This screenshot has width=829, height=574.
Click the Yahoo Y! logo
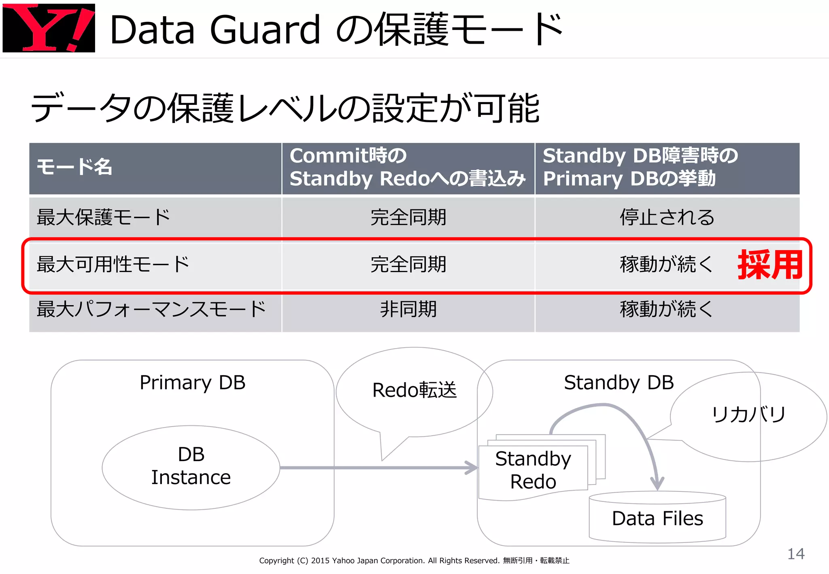49,28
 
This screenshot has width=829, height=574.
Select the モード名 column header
74,167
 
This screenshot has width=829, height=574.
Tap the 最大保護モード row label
104,217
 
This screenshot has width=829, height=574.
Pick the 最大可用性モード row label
113,264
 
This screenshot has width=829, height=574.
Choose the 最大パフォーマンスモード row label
151,309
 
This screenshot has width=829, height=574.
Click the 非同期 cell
408,309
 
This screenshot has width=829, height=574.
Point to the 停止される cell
667,217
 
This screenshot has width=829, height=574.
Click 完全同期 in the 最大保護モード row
408,217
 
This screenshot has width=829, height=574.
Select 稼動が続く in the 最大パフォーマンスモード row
666,309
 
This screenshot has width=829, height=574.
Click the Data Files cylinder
657,518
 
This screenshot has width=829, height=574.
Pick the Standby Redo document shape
533,470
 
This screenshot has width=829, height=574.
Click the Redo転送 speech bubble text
414,390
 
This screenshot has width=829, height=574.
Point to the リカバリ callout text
748,415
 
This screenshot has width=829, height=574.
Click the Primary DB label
192,383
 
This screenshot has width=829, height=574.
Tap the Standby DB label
619,383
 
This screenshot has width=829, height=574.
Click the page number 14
795,554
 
